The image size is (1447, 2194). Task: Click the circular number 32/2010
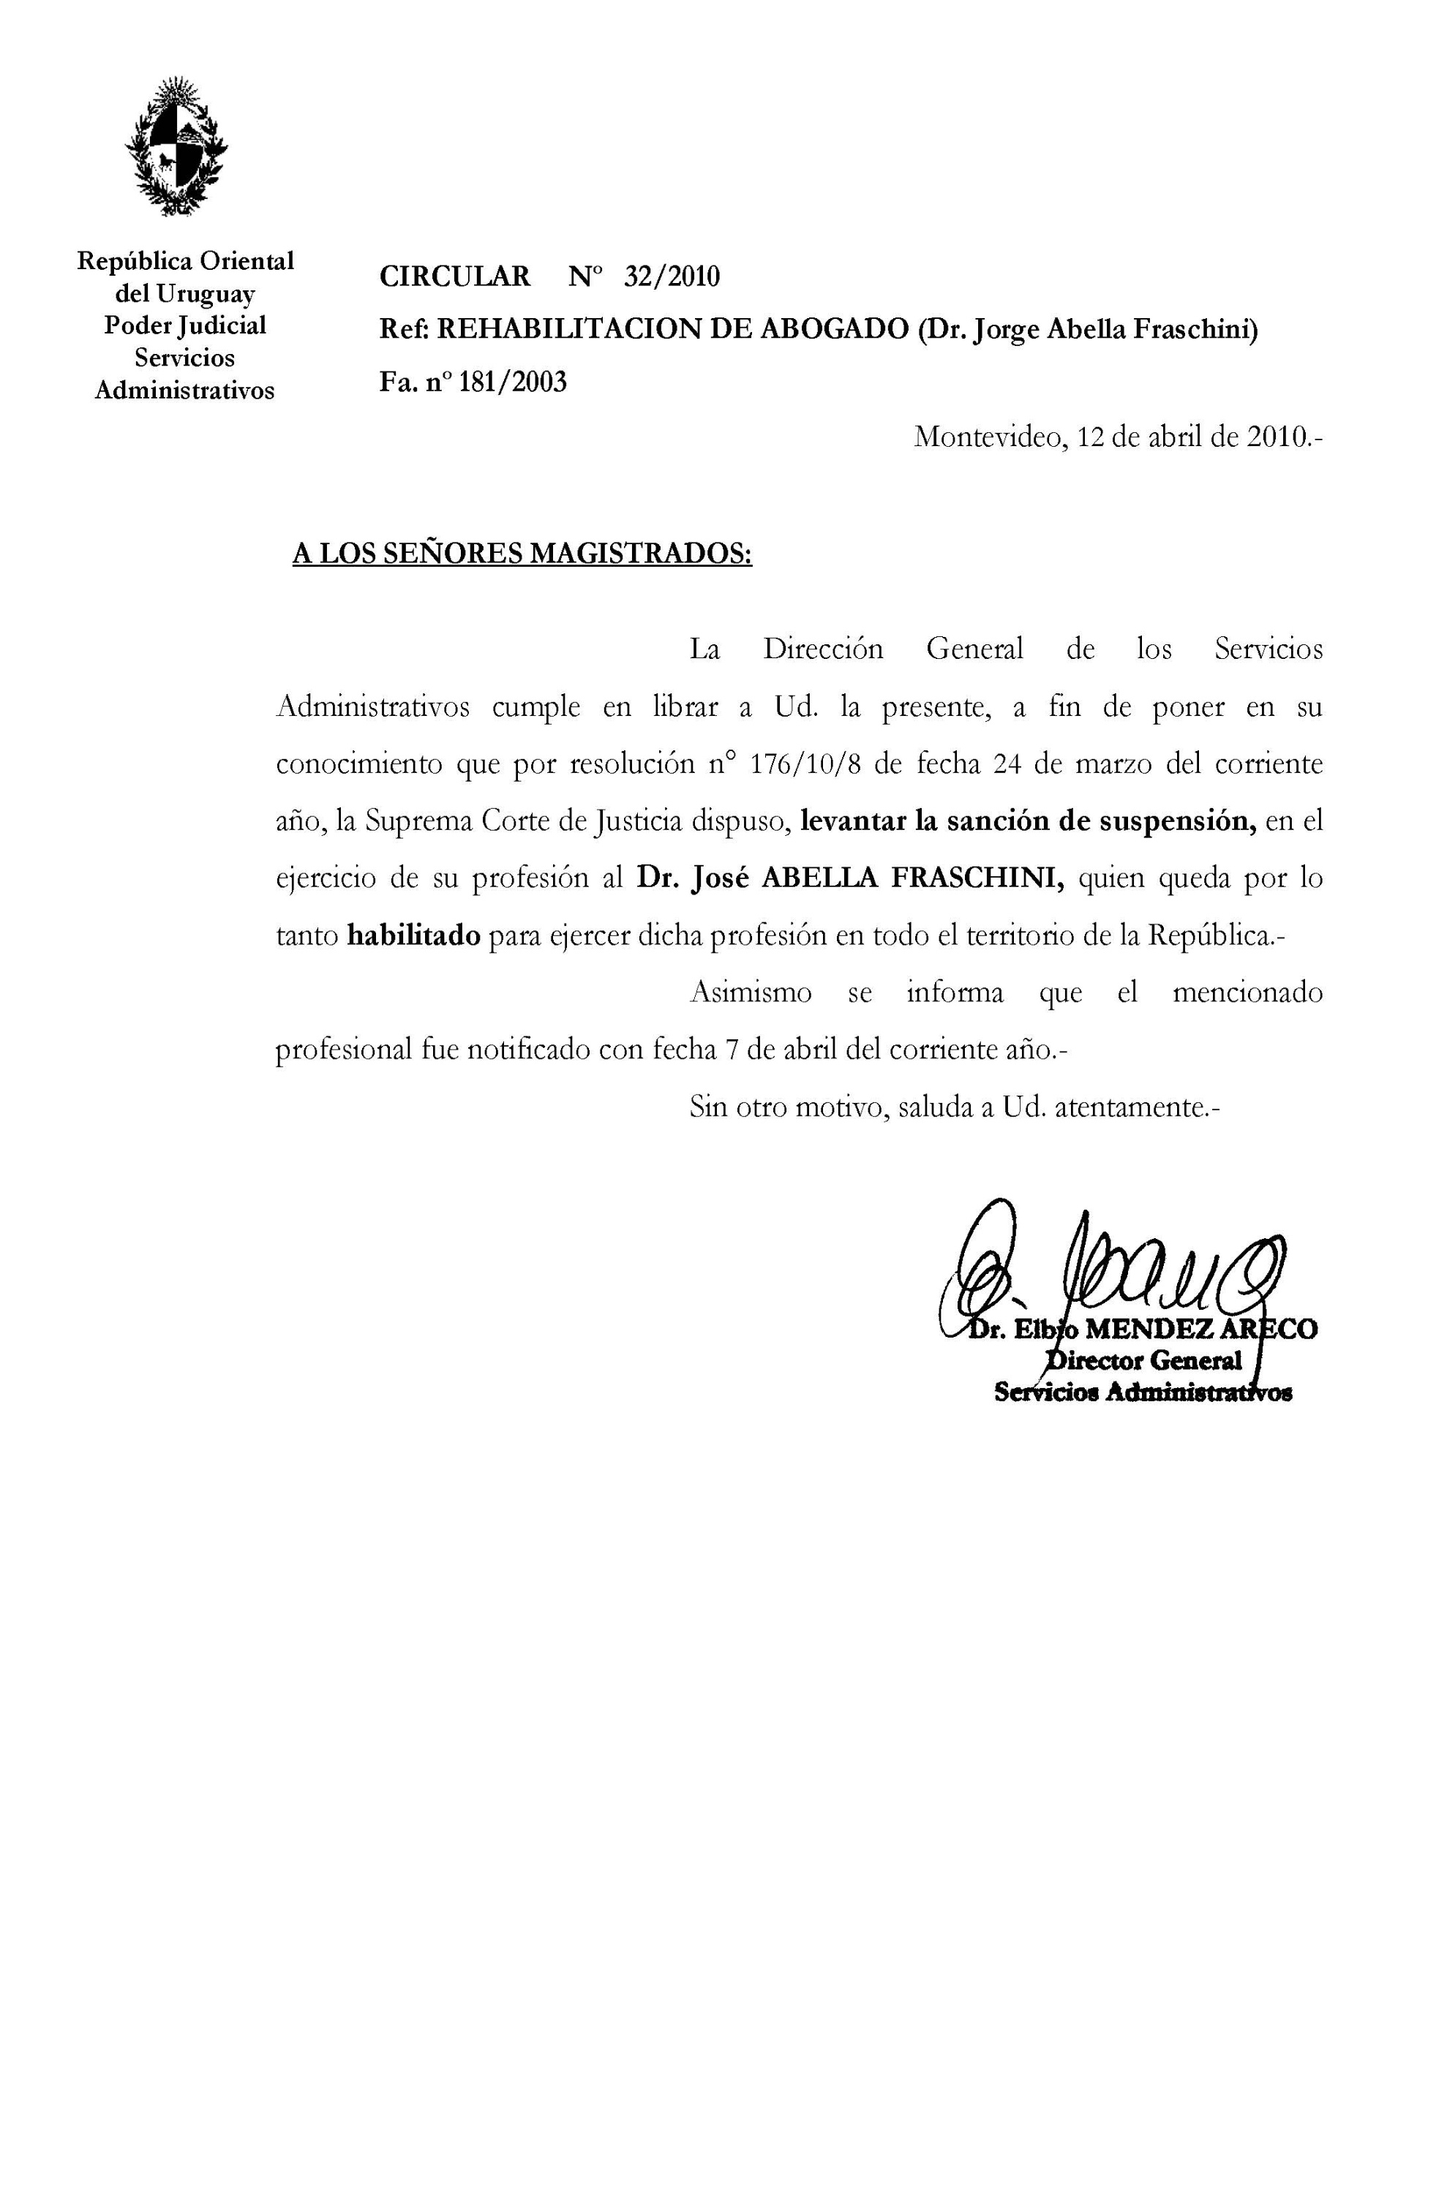(x=671, y=276)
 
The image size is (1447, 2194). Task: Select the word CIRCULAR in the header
(x=455, y=276)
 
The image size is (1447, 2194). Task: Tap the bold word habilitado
(x=413, y=935)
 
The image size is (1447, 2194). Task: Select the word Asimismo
(x=751, y=992)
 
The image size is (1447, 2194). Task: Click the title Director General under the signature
(x=1144, y=1361)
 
